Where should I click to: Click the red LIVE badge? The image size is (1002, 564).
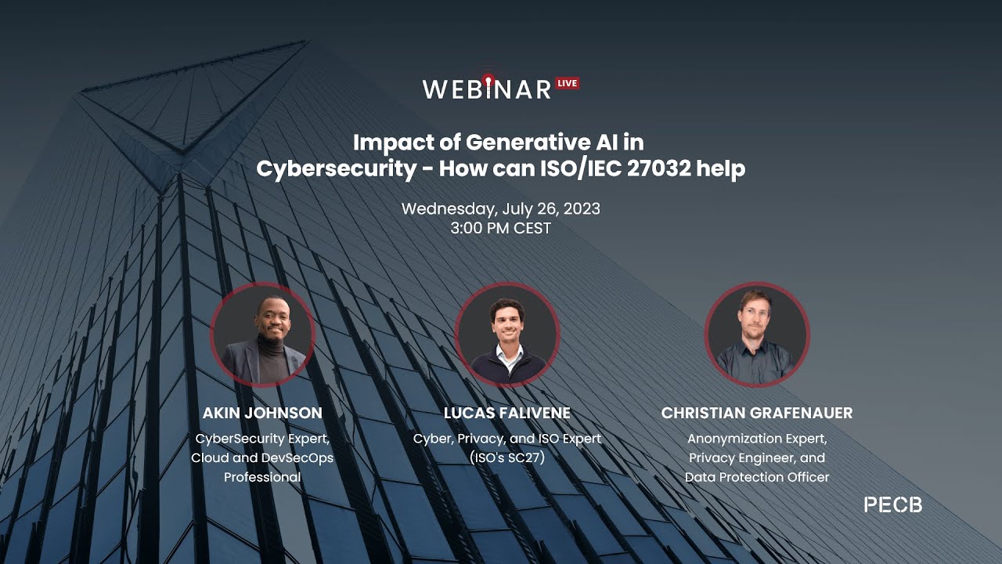coord(568,83)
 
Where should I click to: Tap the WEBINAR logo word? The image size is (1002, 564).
coord(487,89)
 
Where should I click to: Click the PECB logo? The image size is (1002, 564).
coord(893,505)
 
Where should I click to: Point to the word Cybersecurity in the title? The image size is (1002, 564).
coord(337,168)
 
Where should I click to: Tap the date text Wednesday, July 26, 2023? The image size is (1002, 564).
coord(501,209)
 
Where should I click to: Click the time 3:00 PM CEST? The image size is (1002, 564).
coord(501,229)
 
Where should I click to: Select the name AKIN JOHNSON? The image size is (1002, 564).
coord(262,413)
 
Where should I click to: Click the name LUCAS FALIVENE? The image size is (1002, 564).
coord(507,413)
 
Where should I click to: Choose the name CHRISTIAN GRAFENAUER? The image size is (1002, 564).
coord(757,413)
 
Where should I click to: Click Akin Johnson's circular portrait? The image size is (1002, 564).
coord(262,334)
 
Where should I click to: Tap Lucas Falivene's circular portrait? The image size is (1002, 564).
coord(507,334)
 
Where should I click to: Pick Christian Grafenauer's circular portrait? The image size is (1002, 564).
coord(757,334)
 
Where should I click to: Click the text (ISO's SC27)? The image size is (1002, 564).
coord(507,457)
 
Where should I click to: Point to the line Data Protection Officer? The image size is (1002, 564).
coord(757,477)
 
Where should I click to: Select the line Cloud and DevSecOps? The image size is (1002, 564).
coord(262,457)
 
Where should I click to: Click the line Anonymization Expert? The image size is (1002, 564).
coord(757,438)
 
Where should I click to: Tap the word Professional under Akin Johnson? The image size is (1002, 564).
coord(262,477)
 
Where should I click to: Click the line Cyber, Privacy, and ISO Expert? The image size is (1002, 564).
coord(507,438)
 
